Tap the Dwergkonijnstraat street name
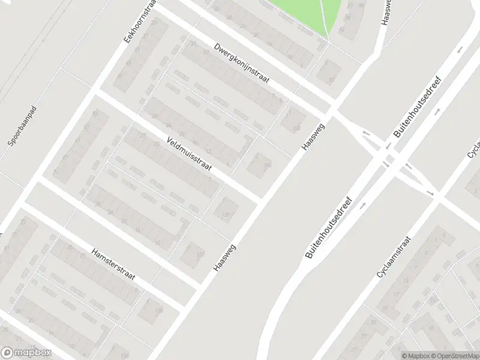click(x=242, y=63)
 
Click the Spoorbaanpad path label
click(x=22, y=127)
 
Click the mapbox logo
click(x=26, y=353)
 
